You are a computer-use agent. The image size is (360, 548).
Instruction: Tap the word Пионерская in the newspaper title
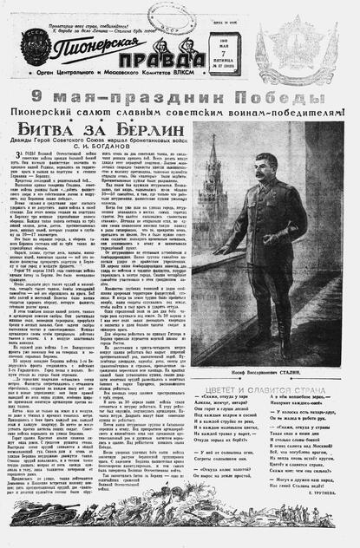click(95, 42)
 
